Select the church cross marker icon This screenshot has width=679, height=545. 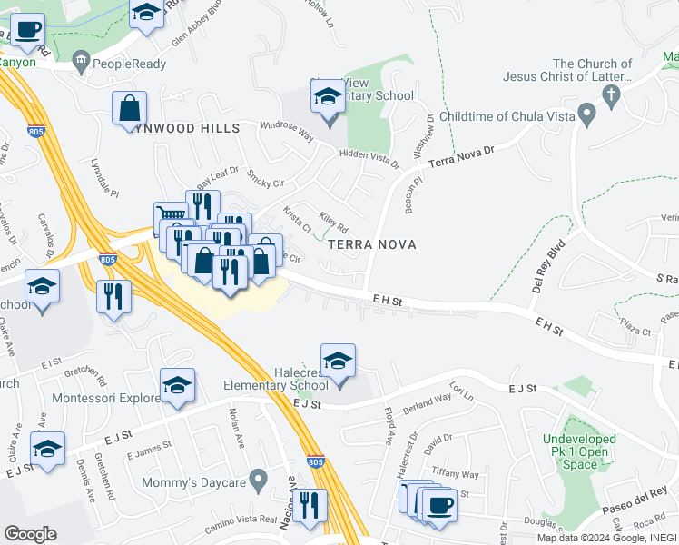pos(612,94)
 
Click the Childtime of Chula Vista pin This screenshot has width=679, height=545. pos(586,116)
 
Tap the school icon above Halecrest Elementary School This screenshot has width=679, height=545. pos(338,361)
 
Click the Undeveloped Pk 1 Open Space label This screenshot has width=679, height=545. pos(579,451)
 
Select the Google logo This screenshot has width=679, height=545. pos(30,533)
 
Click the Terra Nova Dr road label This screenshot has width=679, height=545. pos(462,156)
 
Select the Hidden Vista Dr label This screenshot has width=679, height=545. pos(368,159)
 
